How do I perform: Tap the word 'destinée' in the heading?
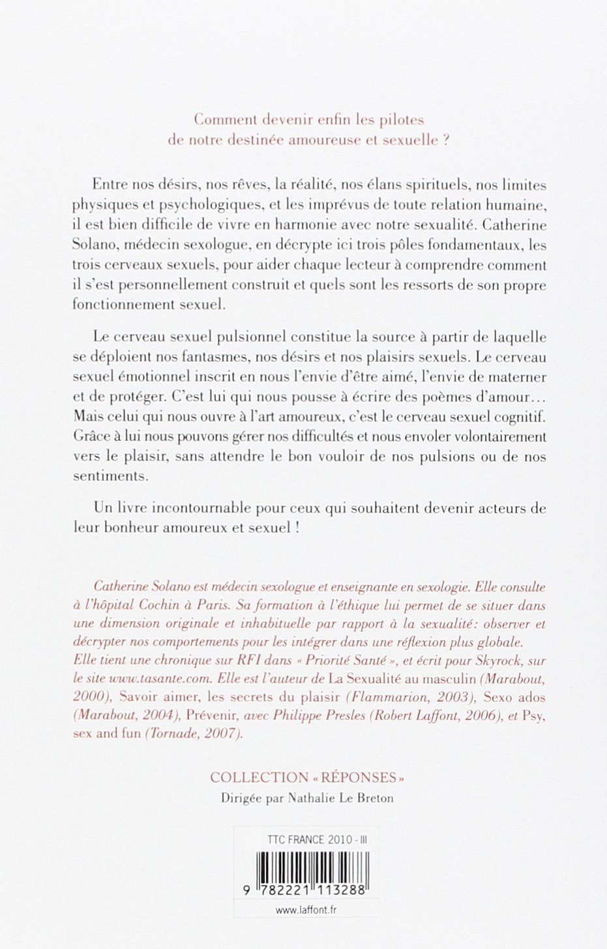tap(269, 140)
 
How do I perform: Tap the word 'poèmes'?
tap(417, 397)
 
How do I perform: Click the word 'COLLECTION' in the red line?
tap(259, 777)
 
